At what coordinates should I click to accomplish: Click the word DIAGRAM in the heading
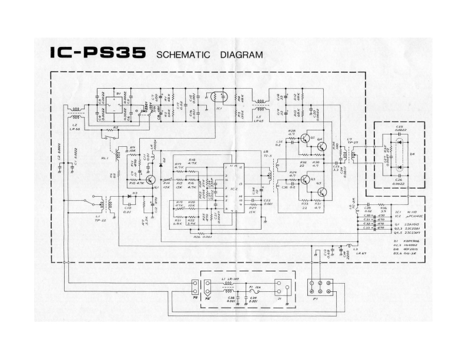pos(241,56)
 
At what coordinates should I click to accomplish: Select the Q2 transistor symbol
pos(305,139)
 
